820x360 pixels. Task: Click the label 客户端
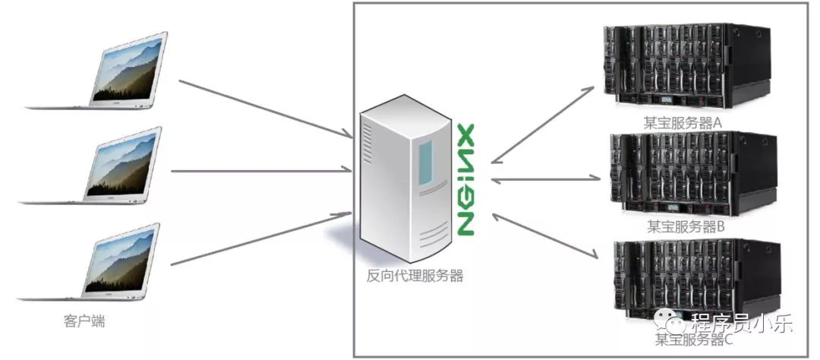[x=84, y=321]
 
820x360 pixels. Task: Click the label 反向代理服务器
[x=415, y=276]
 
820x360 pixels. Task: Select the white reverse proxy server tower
[x=405, y=178]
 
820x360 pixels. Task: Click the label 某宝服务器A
[x=683, y=124]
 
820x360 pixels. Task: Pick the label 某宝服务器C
[x=694, y=339]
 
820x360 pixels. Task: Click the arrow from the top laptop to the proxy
[x=266, y=109]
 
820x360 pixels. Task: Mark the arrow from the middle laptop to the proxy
[x=261, y=170]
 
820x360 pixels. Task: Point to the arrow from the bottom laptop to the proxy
[x=261, y=238]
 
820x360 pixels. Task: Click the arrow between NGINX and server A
[x=542, y=125]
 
